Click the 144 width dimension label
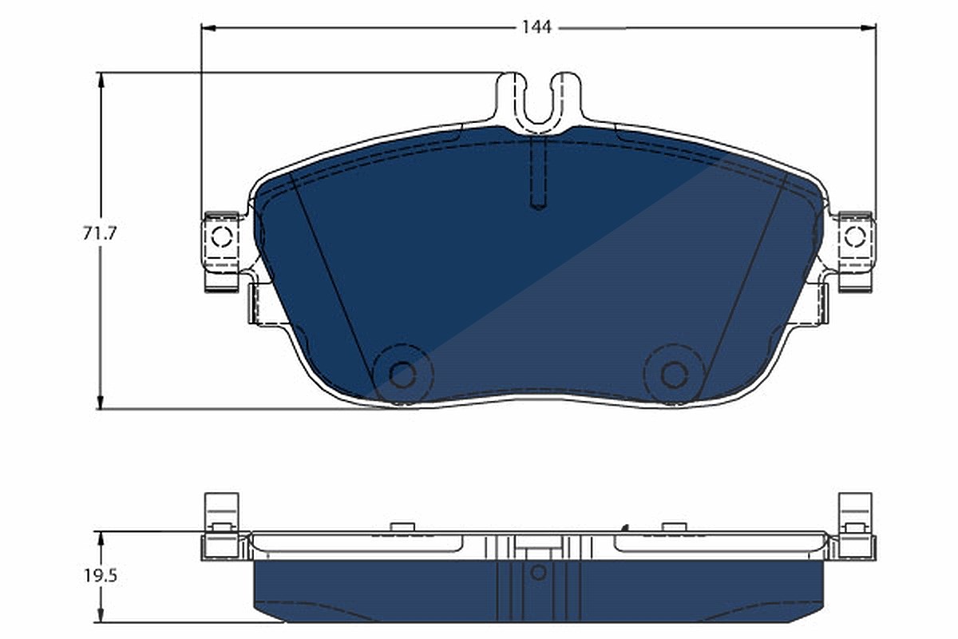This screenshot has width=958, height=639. click(x=536, y=27)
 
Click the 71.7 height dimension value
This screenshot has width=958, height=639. click(x=100, y=233)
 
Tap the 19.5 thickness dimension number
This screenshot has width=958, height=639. click(x=101, y=576)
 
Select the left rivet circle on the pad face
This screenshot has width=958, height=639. click(x=403, y=375)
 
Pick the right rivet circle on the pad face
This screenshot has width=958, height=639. click(x=674, y=375)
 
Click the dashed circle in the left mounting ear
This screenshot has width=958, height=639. click(x=222, y=236)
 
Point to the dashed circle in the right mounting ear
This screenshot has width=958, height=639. click(x=855, y=236)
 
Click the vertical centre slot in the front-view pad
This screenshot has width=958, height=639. click(x=538, y=173)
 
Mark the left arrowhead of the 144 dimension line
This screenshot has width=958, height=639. click(x=208, y=28)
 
